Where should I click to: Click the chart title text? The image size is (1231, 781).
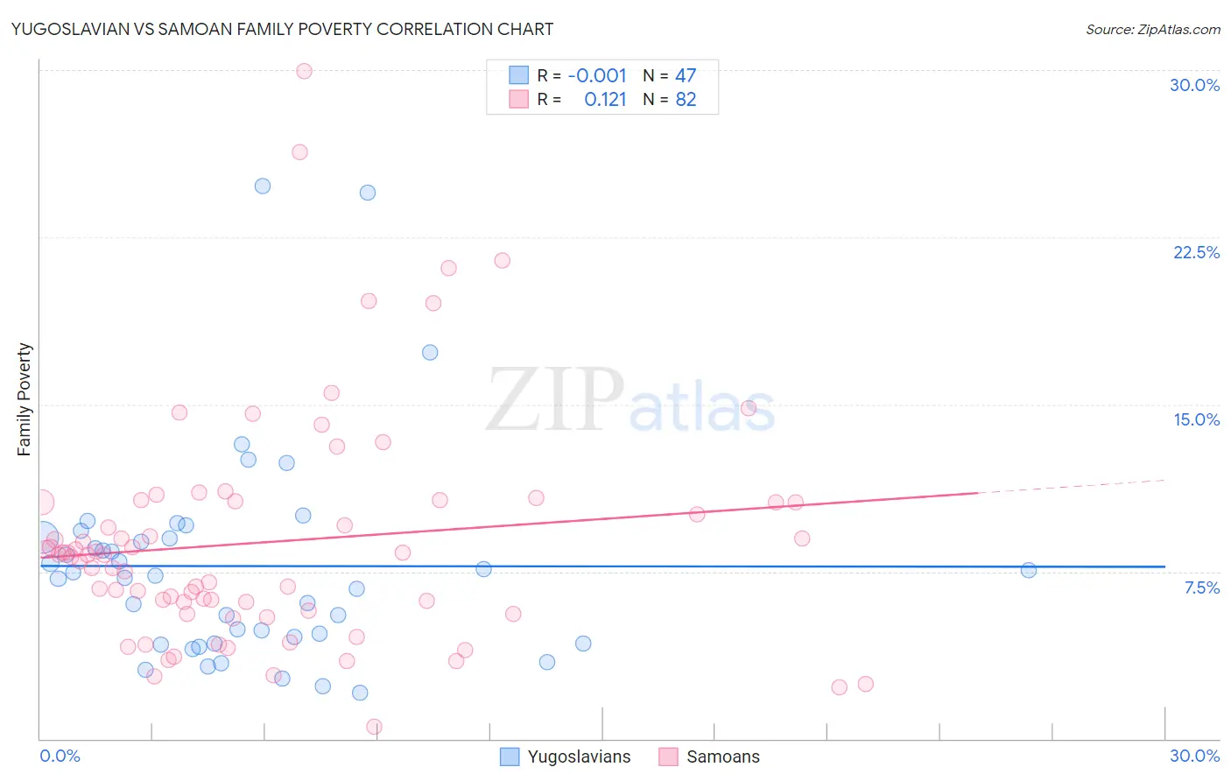click(282, 29)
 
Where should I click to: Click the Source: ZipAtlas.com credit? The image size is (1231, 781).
click(1152, 29)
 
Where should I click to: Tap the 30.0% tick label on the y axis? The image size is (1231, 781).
click(1194, 85)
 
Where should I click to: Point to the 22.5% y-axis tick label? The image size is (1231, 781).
click(1196, 252)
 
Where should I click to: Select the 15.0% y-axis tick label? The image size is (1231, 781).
click(1196, 419)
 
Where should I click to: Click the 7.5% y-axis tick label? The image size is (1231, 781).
click(1201, 588)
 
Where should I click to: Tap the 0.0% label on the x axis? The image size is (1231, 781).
click(60, 756)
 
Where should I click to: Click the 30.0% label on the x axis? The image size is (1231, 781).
click(1194, 756)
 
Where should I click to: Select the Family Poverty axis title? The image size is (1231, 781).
click(25, 399)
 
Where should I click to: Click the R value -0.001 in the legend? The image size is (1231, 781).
click(597, 75)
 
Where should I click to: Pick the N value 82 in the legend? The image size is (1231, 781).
click(686, 100)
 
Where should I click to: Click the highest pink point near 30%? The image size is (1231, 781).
click(304, 71)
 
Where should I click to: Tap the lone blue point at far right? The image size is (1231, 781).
click(1029, 570)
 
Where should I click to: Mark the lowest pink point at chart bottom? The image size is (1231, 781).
click(374, 727)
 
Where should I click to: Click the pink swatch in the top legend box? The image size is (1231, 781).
click(518, 100)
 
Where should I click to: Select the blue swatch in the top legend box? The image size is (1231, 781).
click(518, 75)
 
